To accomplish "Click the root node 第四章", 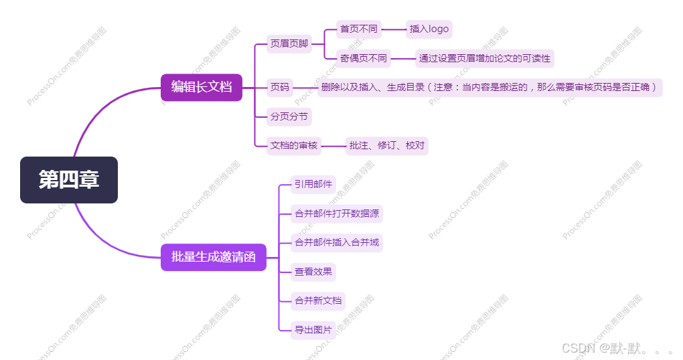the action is [69, 180].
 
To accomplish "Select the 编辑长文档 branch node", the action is [201, 87].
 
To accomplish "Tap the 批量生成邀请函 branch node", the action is [213, 257].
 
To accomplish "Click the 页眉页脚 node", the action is [289, 44].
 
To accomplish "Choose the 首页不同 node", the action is [359, 29].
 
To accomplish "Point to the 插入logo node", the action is [429, 29].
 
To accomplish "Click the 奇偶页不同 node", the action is [364, 58].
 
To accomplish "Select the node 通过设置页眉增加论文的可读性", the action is [485, 58].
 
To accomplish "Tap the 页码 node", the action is [280, 87].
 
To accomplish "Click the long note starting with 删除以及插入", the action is [489, 87].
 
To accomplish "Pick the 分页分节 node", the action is [289, 116].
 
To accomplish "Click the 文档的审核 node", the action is [294, 145].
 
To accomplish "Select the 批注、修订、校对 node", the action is [386, 145].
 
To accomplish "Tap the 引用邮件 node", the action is [313, 185].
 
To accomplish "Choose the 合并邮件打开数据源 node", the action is [337, 213].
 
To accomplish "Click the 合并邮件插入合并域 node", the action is [337, 242].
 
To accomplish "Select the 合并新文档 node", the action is [318, 300].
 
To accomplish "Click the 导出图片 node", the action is [313, 329].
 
